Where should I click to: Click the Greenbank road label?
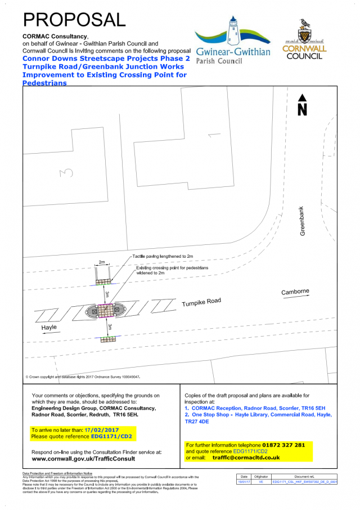302,220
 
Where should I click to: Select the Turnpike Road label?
201,303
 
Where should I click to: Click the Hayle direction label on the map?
49,327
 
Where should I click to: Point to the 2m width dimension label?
102,263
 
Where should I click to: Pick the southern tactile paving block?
106,339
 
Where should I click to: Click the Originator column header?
261,477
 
